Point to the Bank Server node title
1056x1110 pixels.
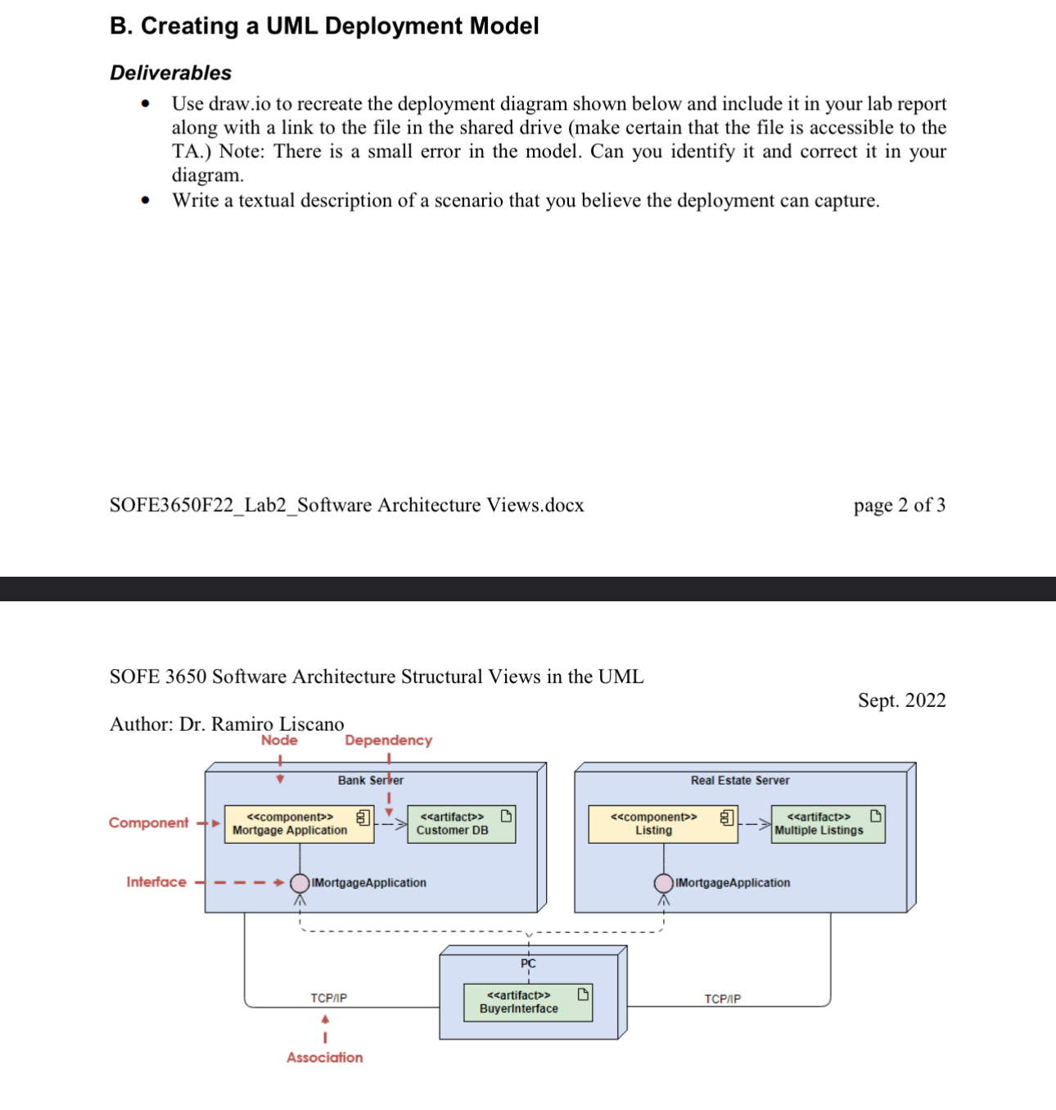click(370, 781)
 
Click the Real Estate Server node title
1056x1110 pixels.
click(740, 781)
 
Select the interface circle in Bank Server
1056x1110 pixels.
click(300, 883)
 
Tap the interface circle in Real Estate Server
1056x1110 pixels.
click(664, 883)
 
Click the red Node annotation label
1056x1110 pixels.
click(279, 741)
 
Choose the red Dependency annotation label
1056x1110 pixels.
click(388, 741)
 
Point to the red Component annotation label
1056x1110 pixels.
click(148, 823)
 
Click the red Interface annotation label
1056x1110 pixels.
click(156, 882)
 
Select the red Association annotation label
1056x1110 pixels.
click(325, 1058)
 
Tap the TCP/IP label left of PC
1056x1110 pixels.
click(328, 998)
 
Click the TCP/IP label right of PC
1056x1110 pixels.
click(723, 999)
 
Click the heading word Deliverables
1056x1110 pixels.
click(170, 73)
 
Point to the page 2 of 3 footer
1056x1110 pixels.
click(899, 505)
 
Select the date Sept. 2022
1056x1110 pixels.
click(901, 700)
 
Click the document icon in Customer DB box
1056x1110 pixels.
click(506, 816)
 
